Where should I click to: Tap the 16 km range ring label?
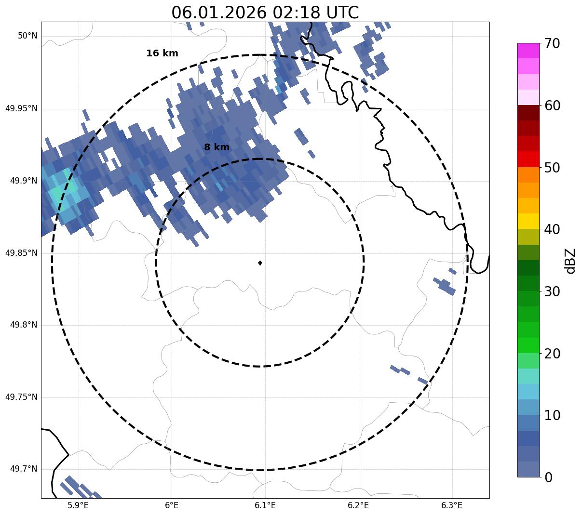pos(162,53)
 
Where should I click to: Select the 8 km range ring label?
pos(217,147)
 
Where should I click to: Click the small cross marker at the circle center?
pos(260,263)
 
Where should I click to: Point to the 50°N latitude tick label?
pos(27,36)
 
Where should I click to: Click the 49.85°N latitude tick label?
pos(21,253)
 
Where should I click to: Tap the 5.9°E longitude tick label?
pos(78,505)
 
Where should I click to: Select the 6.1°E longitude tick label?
pos(265,505)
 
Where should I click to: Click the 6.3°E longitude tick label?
pos(452,505)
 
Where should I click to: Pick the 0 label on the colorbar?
pos(549,477)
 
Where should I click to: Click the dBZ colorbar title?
pos(570,261)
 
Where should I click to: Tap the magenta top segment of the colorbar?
pos(528,51)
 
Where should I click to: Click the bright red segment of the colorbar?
pos(528,159)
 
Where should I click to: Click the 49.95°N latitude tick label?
pos(21,108)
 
